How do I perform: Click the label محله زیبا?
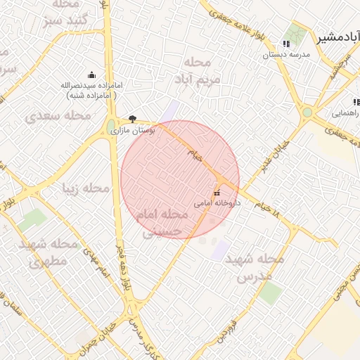click(x=86, y=188)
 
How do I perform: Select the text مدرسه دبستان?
click(x=286, y=54)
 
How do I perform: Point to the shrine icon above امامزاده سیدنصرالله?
click(x=91, y=75)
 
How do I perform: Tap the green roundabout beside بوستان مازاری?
click(x=111, y=127)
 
